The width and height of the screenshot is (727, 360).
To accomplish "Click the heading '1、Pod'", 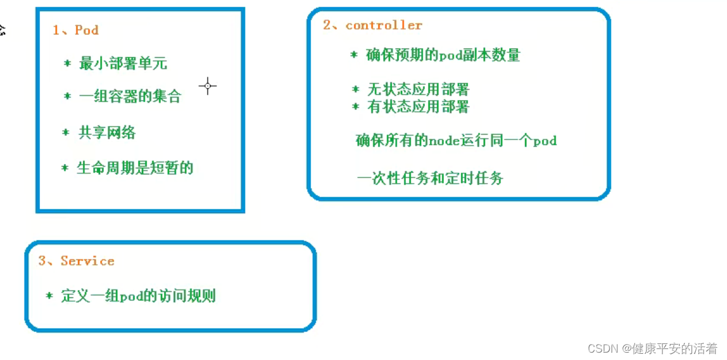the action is click(x=76, y=30).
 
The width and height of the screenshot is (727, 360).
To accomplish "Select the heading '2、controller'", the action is click(x=373, y=25).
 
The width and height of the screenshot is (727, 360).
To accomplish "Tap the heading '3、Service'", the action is click(x=76, y=261).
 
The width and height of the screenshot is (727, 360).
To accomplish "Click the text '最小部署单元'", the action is click(x=123, y=63).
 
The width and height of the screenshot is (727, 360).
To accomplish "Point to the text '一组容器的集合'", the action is click(x=130, y=96).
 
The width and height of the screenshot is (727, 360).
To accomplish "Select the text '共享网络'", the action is click(x=107, y=133).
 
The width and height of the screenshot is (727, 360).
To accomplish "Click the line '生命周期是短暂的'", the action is click(x=135, y=168).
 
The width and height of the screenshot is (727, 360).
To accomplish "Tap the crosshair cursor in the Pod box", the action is click(x=208, y=86).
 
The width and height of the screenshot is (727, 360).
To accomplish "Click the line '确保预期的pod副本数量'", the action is click(x=443, y=55).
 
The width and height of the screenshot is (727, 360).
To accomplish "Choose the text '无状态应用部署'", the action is click(x=418, y=90).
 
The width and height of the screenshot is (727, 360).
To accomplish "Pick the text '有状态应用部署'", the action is click(x=418, y=107).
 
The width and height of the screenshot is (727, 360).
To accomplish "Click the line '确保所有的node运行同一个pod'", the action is click(x=456, y=141).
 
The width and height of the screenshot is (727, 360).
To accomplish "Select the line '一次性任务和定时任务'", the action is click(x=430, y=179).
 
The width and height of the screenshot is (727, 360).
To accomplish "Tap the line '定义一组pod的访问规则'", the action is click(x=138, y=296).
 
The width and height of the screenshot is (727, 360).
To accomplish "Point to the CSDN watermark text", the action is click(x=652, y=348).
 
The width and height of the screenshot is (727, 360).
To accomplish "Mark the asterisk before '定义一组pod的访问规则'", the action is click(x=49, y=295).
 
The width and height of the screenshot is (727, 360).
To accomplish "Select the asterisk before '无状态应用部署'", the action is click(x=355, y=89).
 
